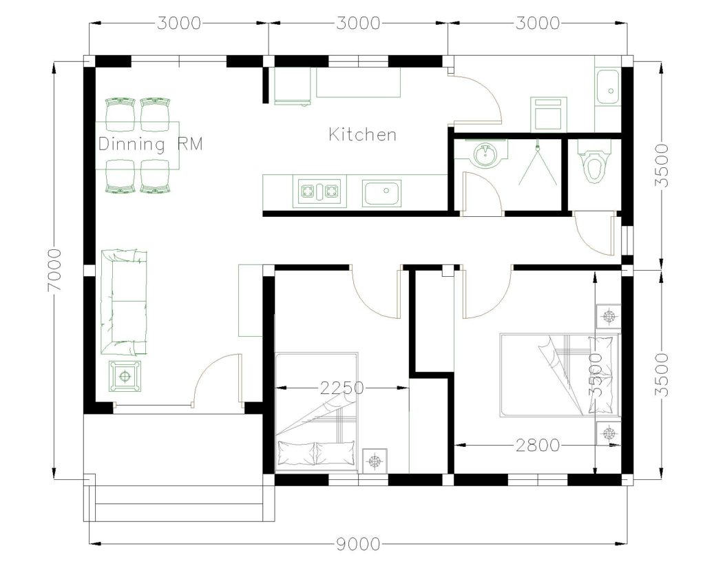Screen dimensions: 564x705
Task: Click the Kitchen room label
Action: pyautogui.click(x=362, y=134)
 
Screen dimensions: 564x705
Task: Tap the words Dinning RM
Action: pyautogui.click(x=150, y=145)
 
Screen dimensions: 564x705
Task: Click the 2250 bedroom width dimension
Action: pyautogui.click(x=341, y=388)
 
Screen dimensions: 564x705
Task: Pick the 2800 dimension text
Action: pyautogui.click(x=537, y=446)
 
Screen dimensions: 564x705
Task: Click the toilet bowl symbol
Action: pyautogui.click(x=591, y=165)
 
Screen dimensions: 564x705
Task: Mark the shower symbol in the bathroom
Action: pyautogui.click(x=537, y=165)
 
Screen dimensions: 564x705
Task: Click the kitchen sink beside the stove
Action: pyautogui.click(x=382, y=193)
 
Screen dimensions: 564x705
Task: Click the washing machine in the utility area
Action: pyautogui.click(x=548, y=114)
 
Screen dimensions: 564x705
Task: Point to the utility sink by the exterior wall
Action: pyautogui.click(x=607, y=86)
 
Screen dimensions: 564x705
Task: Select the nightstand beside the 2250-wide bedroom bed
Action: pyautogui.click(x=374, y=459)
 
